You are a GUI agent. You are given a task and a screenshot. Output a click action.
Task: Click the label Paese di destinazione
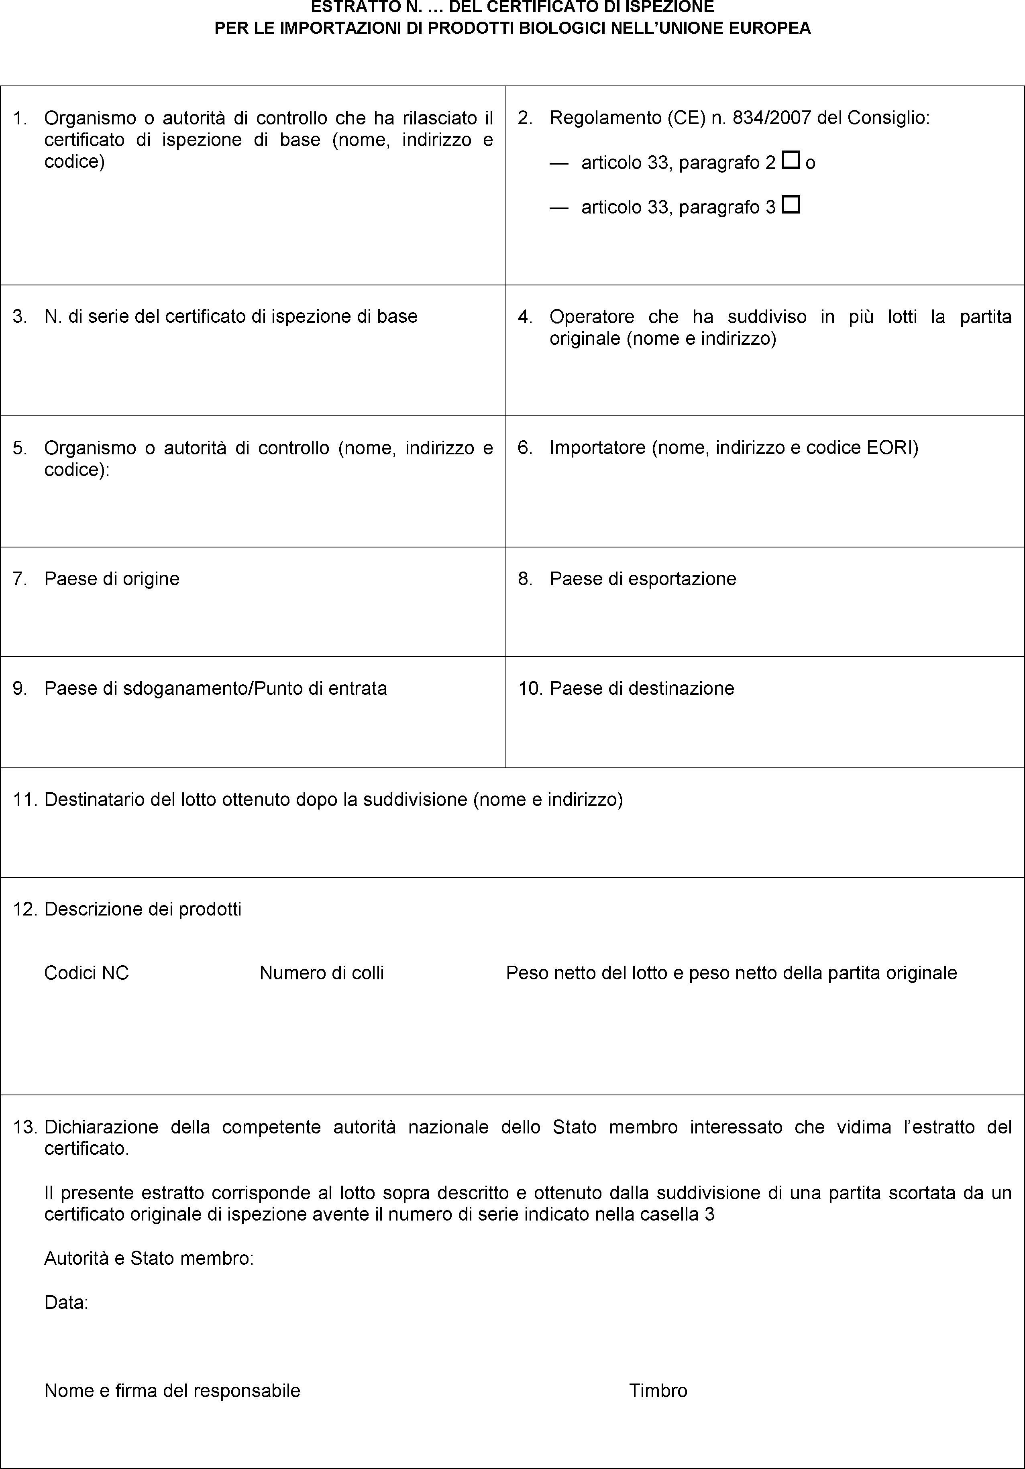pos(642,688)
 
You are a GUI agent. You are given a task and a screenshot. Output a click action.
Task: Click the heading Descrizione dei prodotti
pos(143,909)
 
